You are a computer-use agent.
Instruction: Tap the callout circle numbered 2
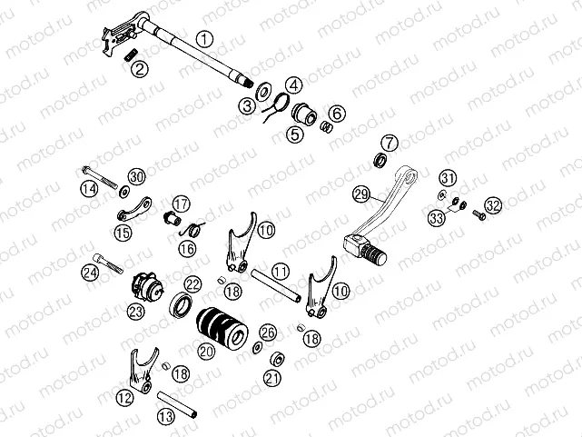click(x=139, y=68)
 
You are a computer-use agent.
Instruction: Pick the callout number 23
click(x=136, y=312)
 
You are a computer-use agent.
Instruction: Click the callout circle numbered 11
click(x=281, y=271)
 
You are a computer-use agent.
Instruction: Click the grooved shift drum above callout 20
click(x=218, y=324)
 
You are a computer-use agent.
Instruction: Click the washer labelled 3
click(x=261, y=91)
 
